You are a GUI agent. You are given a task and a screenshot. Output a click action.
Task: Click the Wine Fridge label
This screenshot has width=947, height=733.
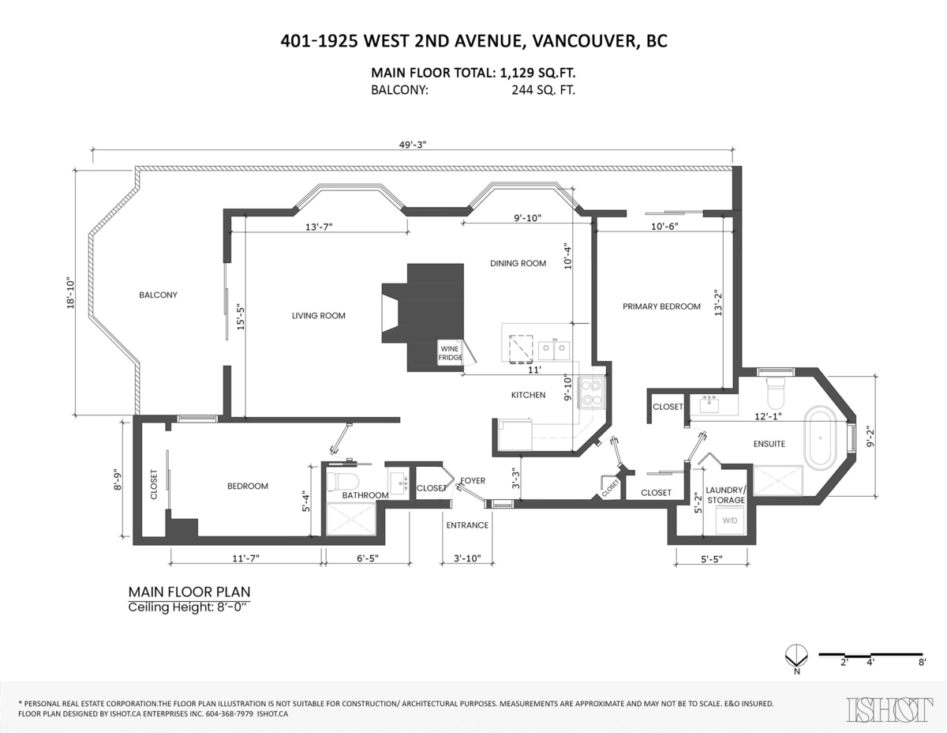coord(450,353)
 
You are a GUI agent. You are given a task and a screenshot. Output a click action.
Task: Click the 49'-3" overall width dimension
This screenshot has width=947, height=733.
coord(411,144)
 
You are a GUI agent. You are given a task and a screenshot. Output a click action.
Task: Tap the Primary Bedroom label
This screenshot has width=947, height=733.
coord(661,306)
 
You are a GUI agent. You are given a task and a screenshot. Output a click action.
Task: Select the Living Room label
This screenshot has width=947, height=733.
coord(319,316)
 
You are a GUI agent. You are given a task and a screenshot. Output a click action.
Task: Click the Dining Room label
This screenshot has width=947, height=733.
coord(518,264)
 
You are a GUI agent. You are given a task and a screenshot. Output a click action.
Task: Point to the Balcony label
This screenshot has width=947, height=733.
coord(158,295)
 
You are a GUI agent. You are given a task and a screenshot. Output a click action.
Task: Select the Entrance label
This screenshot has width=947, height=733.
coord(467,525)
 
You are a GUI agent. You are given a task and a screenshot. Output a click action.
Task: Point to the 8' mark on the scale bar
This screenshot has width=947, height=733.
coord(921,663)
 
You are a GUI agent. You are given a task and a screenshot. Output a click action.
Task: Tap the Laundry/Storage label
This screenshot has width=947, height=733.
coord(726,495)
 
